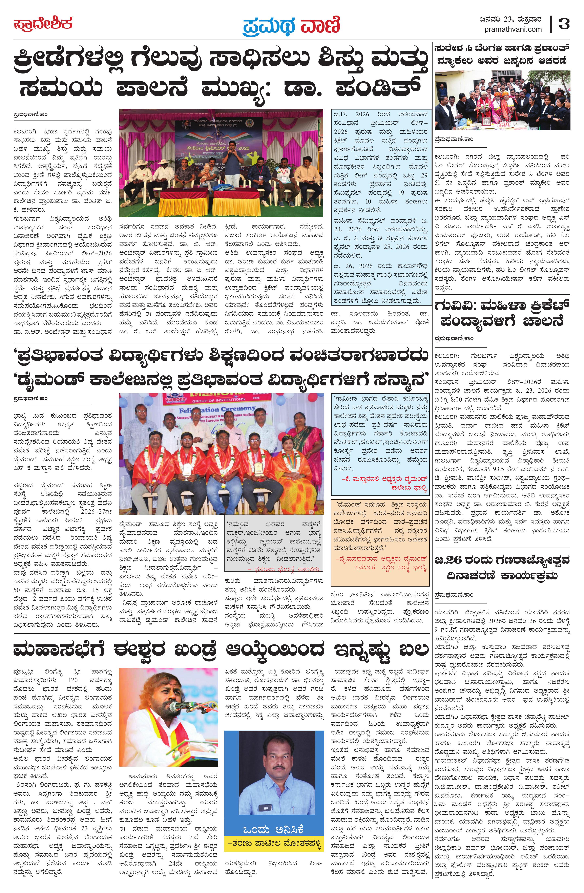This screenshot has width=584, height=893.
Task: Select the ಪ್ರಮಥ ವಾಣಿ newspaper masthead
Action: [x=291, y=25]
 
